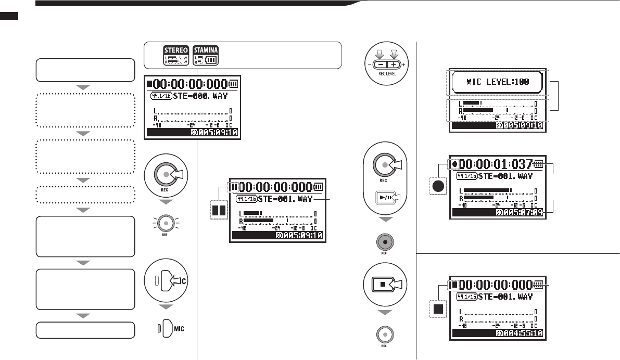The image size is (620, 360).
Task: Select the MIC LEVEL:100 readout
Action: pyautogui.click(x=497, y=82)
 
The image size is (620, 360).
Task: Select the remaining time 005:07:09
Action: pyautogui.click(x=523, y=212)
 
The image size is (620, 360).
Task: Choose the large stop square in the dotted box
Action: pyautogui.click(x=439, y=309)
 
